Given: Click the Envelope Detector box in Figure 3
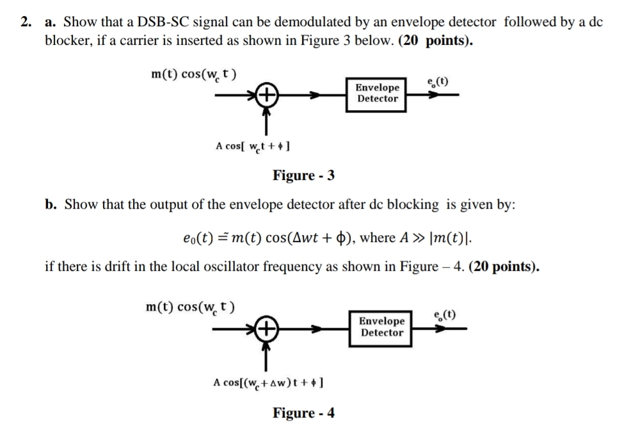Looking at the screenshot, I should [378, 93].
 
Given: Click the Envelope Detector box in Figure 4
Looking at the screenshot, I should [381, 327].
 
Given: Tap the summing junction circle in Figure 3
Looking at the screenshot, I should [267, 96].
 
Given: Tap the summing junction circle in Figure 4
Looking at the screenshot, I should [267, 330].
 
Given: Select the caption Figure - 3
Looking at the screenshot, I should [304, 175].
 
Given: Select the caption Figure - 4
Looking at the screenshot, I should [304, 412].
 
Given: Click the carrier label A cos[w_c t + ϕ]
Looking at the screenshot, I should [255, 146].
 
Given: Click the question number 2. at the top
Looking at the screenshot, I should [25, 22].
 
